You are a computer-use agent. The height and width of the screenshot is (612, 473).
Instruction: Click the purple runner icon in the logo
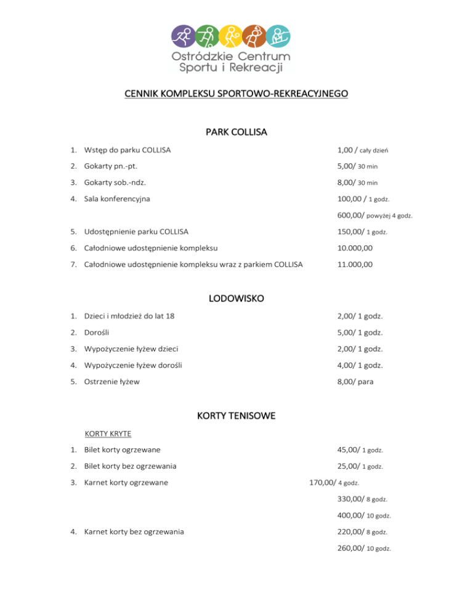(x=182, y=37)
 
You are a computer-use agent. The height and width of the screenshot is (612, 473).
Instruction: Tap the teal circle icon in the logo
(x=278, y=37)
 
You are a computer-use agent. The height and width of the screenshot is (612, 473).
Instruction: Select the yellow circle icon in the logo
(x=230, y=37)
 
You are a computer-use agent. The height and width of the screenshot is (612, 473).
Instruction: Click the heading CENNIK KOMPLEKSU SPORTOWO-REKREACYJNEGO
(x=236, y=94)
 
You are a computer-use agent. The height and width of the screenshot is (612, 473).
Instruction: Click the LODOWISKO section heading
(x=236, y=299)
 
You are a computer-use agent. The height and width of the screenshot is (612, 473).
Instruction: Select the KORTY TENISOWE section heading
(x=236, y=416)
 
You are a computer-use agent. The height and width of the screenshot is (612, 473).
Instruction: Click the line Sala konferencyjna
(x=117, y=199)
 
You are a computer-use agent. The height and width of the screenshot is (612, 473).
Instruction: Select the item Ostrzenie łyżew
(x=113, y=382)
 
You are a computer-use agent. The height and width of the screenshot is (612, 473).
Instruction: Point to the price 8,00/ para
(x=356, y=382)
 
